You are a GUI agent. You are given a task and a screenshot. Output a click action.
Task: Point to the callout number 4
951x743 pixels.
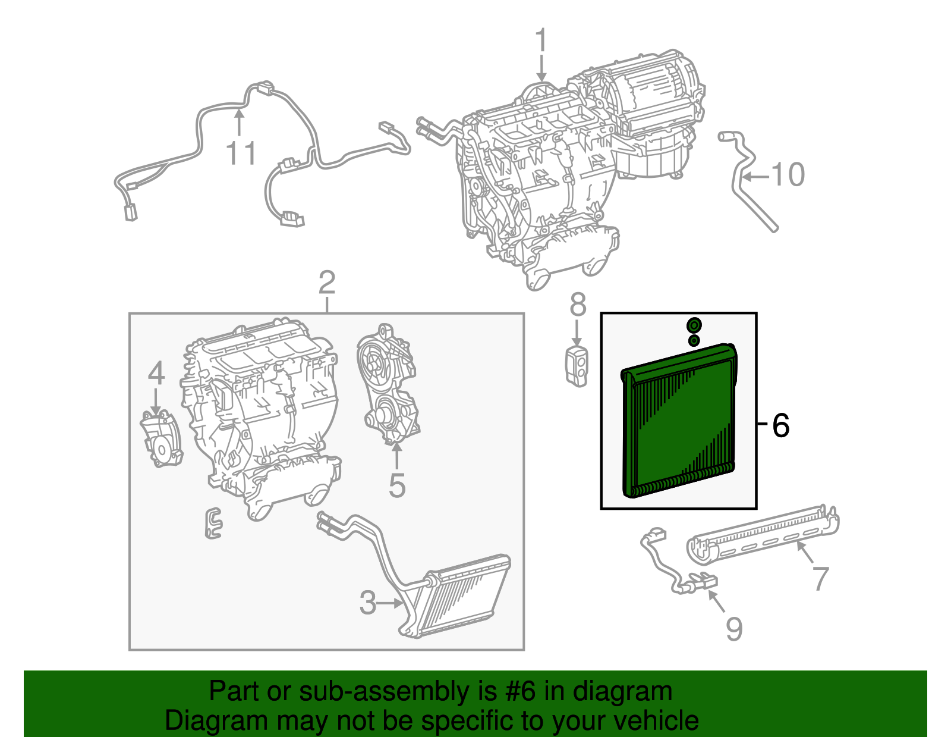click(x=156, y=374)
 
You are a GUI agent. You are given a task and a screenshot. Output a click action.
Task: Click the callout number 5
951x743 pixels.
click(x=397, y=485)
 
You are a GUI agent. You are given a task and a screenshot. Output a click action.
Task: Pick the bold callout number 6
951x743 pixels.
click(x=780, y=425)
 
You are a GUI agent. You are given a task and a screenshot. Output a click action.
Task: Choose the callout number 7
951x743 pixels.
click(x=820, y=578)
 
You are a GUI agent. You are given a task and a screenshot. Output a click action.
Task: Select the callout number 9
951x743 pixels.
click(x=734, y=629)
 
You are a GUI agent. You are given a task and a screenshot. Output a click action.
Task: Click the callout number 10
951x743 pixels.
click(x=788, y=175)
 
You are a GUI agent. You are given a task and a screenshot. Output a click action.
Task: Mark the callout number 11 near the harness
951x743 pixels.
click(x=241, y=153)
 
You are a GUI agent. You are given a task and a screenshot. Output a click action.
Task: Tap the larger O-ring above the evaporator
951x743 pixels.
click(x=694, y=325)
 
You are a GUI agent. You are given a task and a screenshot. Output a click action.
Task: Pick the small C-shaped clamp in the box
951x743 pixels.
click(x=213, y=523)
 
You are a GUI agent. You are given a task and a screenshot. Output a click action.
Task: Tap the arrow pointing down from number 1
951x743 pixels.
click(x=541, y=68)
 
